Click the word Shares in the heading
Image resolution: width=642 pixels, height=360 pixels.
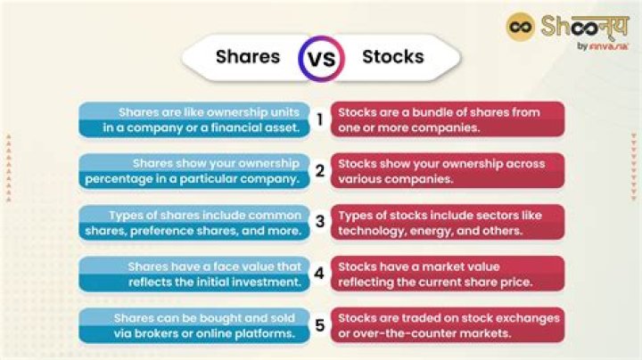pos(248,57)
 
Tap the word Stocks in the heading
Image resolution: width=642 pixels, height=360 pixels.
pos(393,57)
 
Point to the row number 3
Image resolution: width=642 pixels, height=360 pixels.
pos(319,222)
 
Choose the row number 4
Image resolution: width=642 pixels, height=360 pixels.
pos(319,274)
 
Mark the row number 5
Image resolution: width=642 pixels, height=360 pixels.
pos(319,325)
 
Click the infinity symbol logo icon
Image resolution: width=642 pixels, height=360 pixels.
pos(520,27)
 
